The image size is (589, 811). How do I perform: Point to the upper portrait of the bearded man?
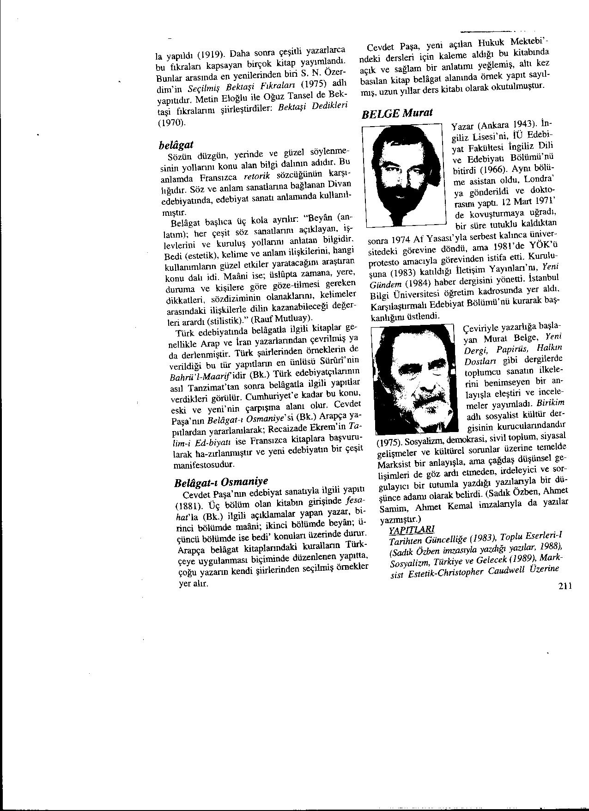403,174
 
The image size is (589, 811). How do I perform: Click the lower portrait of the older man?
414,382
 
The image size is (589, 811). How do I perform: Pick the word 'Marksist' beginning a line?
394,463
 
